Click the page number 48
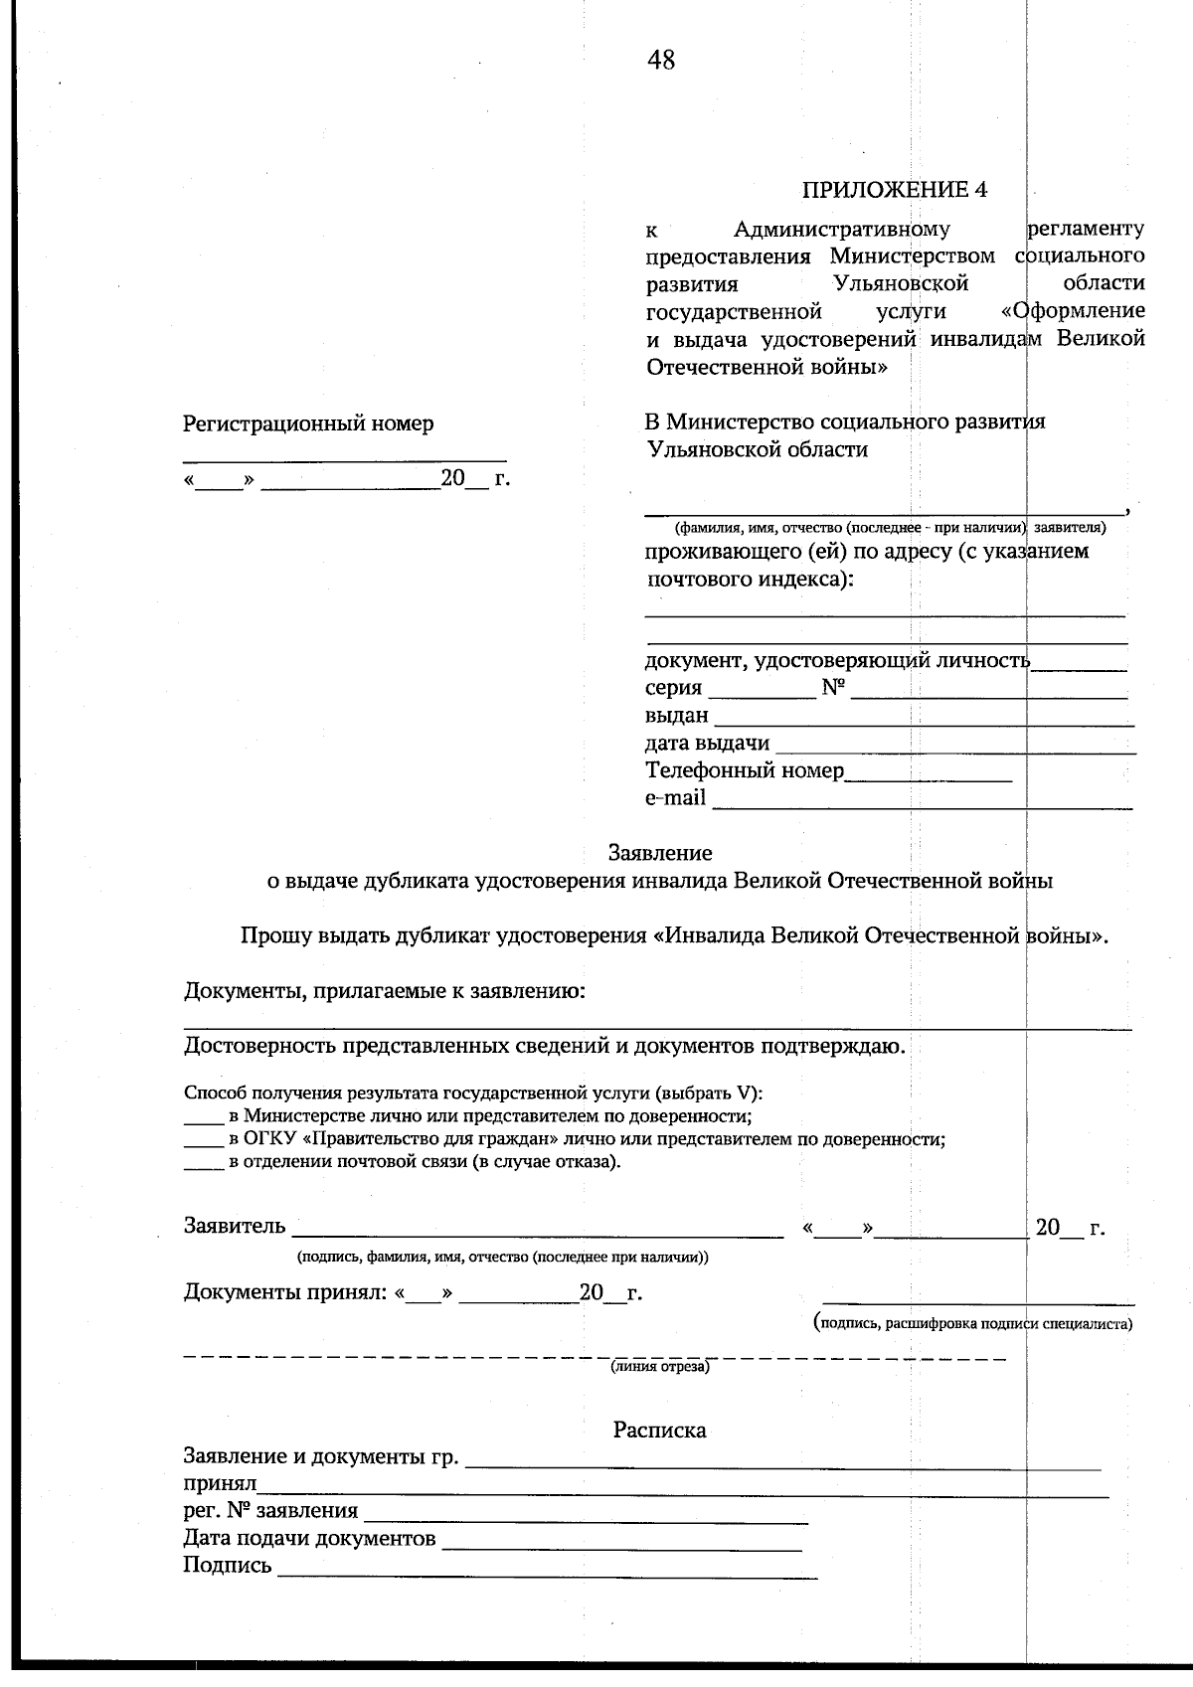pyautogui.click(x=661, y=61)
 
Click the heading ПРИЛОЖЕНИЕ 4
pyautogui.click(x=895, y=190)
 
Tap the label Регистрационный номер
pyautogui.click(x=308, y=423)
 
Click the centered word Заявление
pyautogui.click(x=660, y=853)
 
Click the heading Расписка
pyautogui.click(x=659, y=1430)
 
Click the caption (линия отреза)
pyautogui.click(x=659, y=1367)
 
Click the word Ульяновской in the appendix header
pyautogui.click(x=901, y=284)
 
